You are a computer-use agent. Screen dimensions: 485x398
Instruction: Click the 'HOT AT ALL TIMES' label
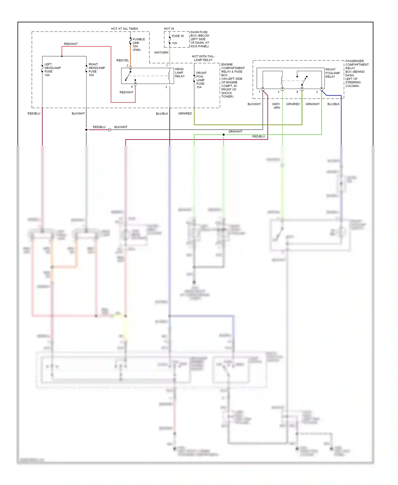click(x=124, y=29)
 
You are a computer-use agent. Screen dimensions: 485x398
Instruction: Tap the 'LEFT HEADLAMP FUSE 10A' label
click(x=52, y=70)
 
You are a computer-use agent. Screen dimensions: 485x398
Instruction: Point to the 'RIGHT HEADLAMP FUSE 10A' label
click(x=97, y=70)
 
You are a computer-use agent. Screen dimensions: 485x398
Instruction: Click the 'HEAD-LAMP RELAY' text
click(x=180, y=73)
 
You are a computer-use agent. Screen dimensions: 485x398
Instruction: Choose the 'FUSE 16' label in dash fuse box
click(x=178, y=36)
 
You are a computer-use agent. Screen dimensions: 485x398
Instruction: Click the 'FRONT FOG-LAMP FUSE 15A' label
click(x=201, y=80)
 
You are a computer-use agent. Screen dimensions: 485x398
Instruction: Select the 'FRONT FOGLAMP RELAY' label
click(x=332, y=73)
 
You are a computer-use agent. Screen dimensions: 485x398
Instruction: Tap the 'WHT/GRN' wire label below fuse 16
click(x=161, y=53)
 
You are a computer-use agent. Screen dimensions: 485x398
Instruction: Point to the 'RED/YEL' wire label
click(x=123, y=60)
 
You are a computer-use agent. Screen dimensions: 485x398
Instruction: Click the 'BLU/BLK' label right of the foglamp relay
click(x=333, y=104)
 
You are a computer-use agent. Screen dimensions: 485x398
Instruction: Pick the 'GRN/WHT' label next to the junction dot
click(x=235, y=132)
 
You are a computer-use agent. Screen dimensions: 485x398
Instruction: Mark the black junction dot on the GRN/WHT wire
click(x=223, y=135)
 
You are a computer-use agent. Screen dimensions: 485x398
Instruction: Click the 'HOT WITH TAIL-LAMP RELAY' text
click(x=203, y=58)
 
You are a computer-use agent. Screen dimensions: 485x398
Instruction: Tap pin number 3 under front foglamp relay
click(x=278, y=92)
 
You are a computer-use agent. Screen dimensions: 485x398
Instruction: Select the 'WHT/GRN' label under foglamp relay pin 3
click(x=276, y=106)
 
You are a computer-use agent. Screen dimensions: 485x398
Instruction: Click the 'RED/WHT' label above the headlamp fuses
click(x=71, y=44)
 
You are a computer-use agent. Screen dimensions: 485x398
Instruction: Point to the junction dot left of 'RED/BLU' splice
click(x=86, y=130)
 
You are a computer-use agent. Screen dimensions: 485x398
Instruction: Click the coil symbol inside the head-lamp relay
click(x=169, y=76)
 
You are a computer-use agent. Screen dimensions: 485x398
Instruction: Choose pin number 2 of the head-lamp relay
click(x=127, y=66)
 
